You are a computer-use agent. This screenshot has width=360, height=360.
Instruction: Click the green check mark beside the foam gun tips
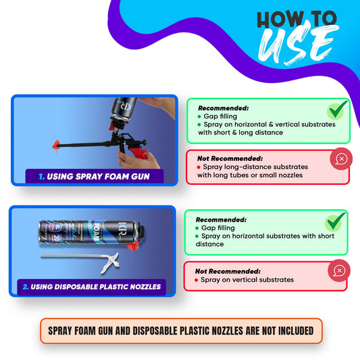(x=337, y=109)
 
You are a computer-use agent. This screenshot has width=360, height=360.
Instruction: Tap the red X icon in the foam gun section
(x=340, y=159)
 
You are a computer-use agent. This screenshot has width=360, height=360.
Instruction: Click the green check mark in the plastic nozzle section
(x=335, y=221)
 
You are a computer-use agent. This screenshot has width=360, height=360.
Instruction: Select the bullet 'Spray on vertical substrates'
(x=249, y=280)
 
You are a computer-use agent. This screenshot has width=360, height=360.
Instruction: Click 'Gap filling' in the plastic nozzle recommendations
(x=217, y=228)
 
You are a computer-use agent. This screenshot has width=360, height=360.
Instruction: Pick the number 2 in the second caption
(x=25, y=286)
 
